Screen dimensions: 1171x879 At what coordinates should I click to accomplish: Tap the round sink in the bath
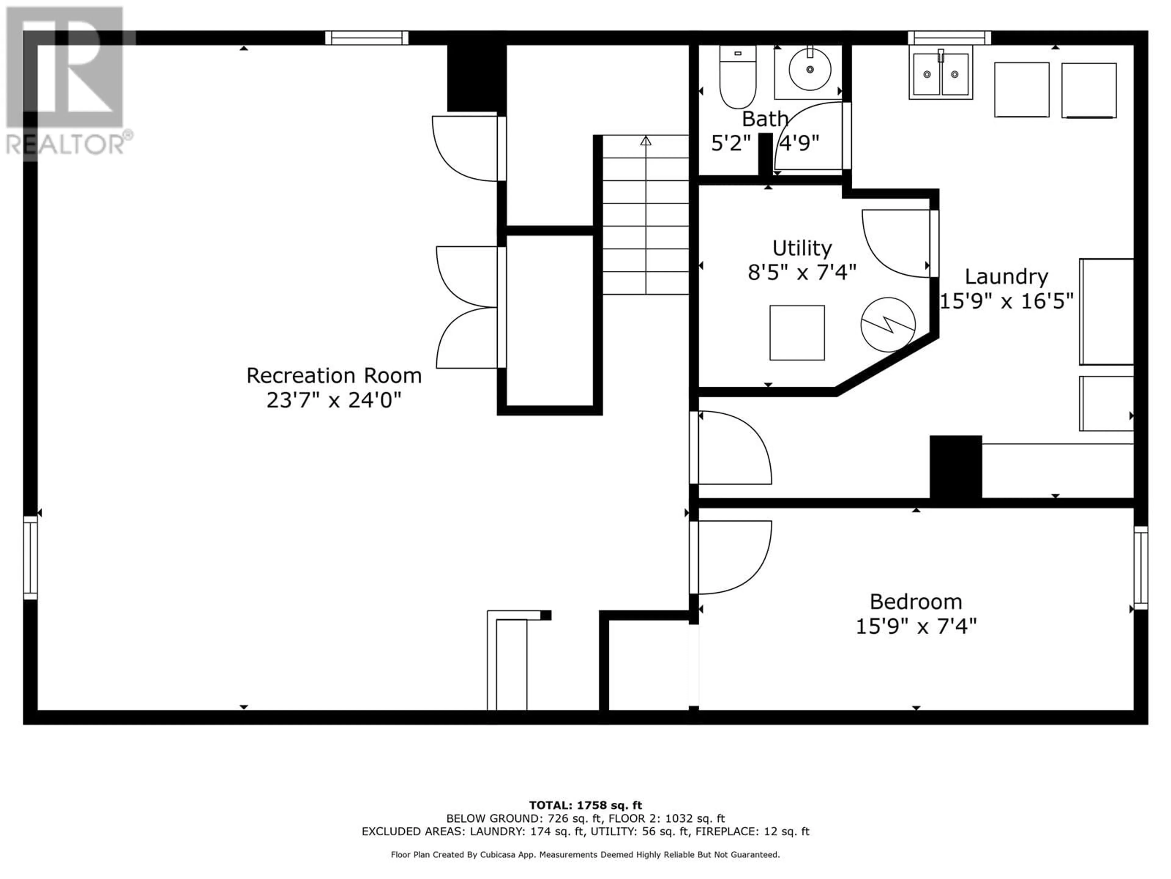[809, 69]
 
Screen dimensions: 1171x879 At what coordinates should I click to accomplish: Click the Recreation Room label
[334, 376]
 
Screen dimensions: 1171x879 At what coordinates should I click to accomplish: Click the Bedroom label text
[916, 602]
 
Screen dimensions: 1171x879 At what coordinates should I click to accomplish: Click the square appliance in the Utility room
[797, 333]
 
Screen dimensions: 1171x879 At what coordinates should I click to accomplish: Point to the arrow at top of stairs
[645, 141]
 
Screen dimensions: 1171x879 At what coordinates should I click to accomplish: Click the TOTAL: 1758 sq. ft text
[585, 805]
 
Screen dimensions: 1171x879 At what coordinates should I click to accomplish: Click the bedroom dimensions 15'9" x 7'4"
[916, 627]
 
